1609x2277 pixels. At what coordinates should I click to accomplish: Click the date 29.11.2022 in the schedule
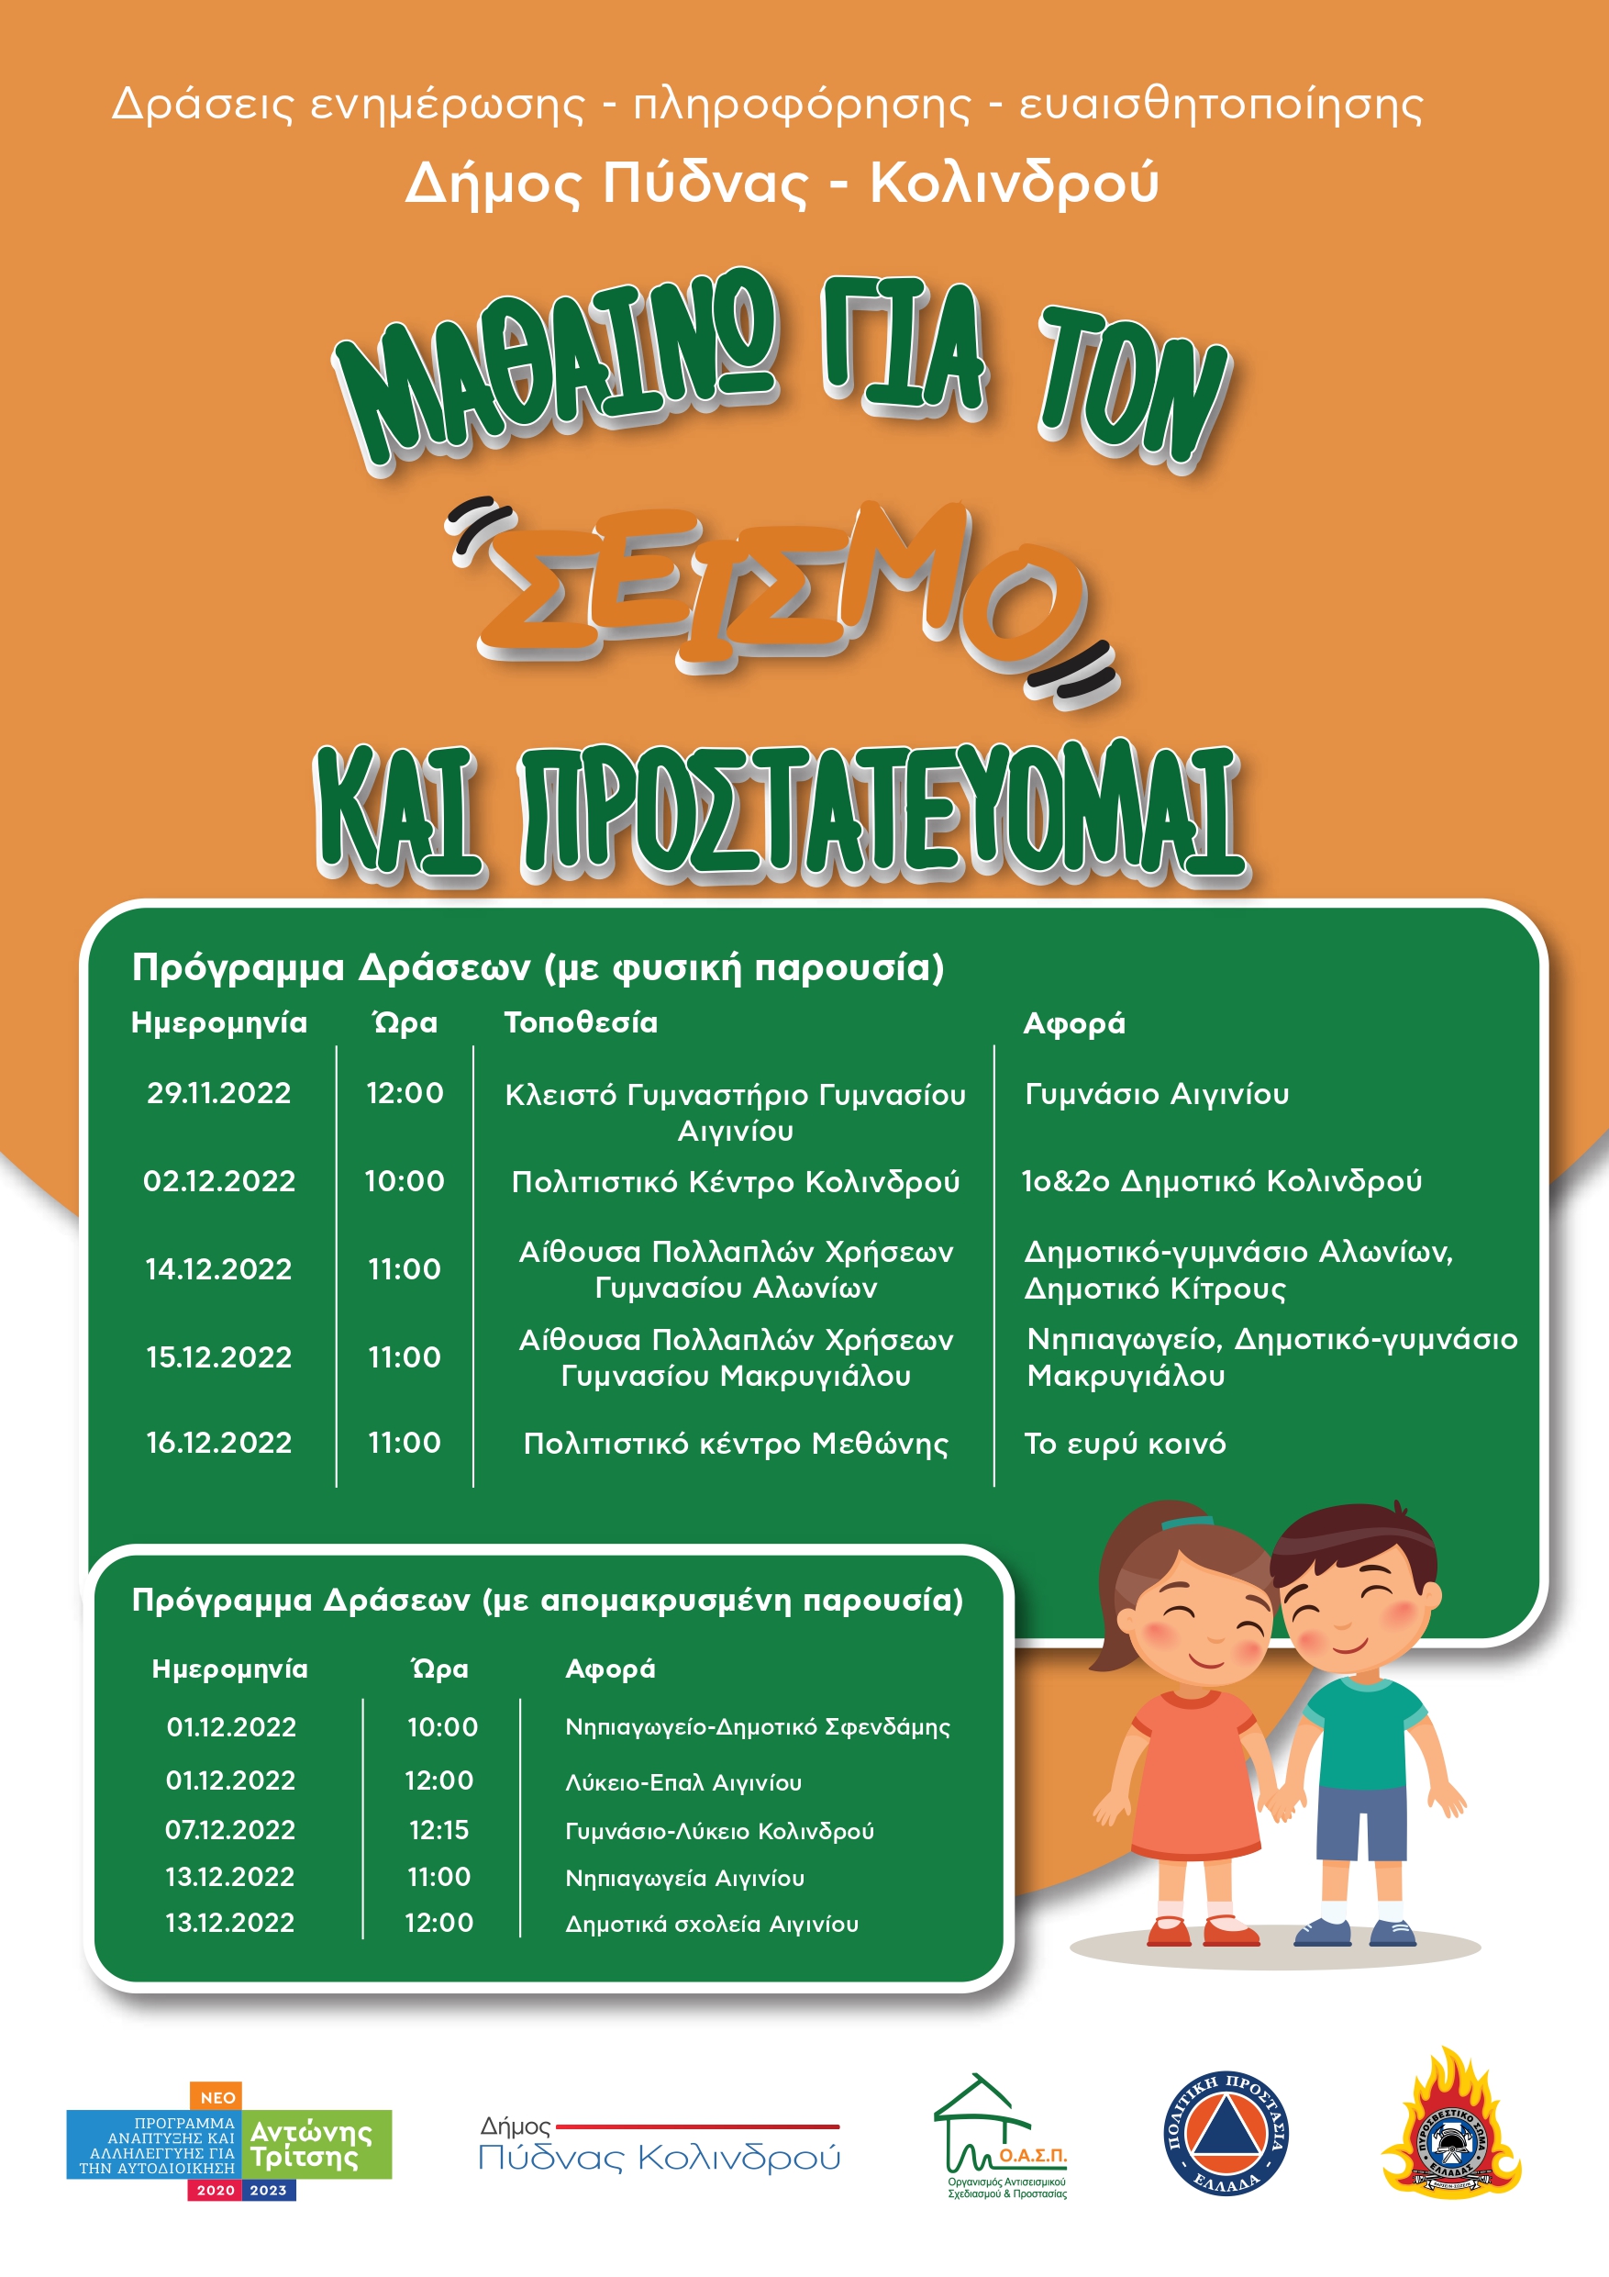pos(218,1093)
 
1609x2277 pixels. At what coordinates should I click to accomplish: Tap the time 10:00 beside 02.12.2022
pos(405,1181)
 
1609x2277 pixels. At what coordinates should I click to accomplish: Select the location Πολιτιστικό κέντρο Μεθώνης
pos(736,1443)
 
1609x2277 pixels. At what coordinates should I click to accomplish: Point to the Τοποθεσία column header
pos(580,1022)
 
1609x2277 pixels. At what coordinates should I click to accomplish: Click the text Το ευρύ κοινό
pos(1125,1443)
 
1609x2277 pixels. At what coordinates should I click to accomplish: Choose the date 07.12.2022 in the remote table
pos(230,1830)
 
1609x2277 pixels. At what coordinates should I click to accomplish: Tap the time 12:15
pos(439,1830)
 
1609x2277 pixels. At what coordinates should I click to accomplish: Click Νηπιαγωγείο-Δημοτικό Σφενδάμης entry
pos(758,1727)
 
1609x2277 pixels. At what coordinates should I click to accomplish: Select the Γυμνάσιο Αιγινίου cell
pos(1157,1094)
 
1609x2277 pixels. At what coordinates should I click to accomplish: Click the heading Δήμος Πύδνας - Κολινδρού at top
pos(782,183)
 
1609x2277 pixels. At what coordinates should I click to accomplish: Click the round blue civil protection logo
pos(1226,2132)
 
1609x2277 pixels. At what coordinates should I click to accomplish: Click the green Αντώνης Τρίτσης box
pos(316,2145)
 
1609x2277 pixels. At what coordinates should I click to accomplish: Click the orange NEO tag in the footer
pos(217,2097)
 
